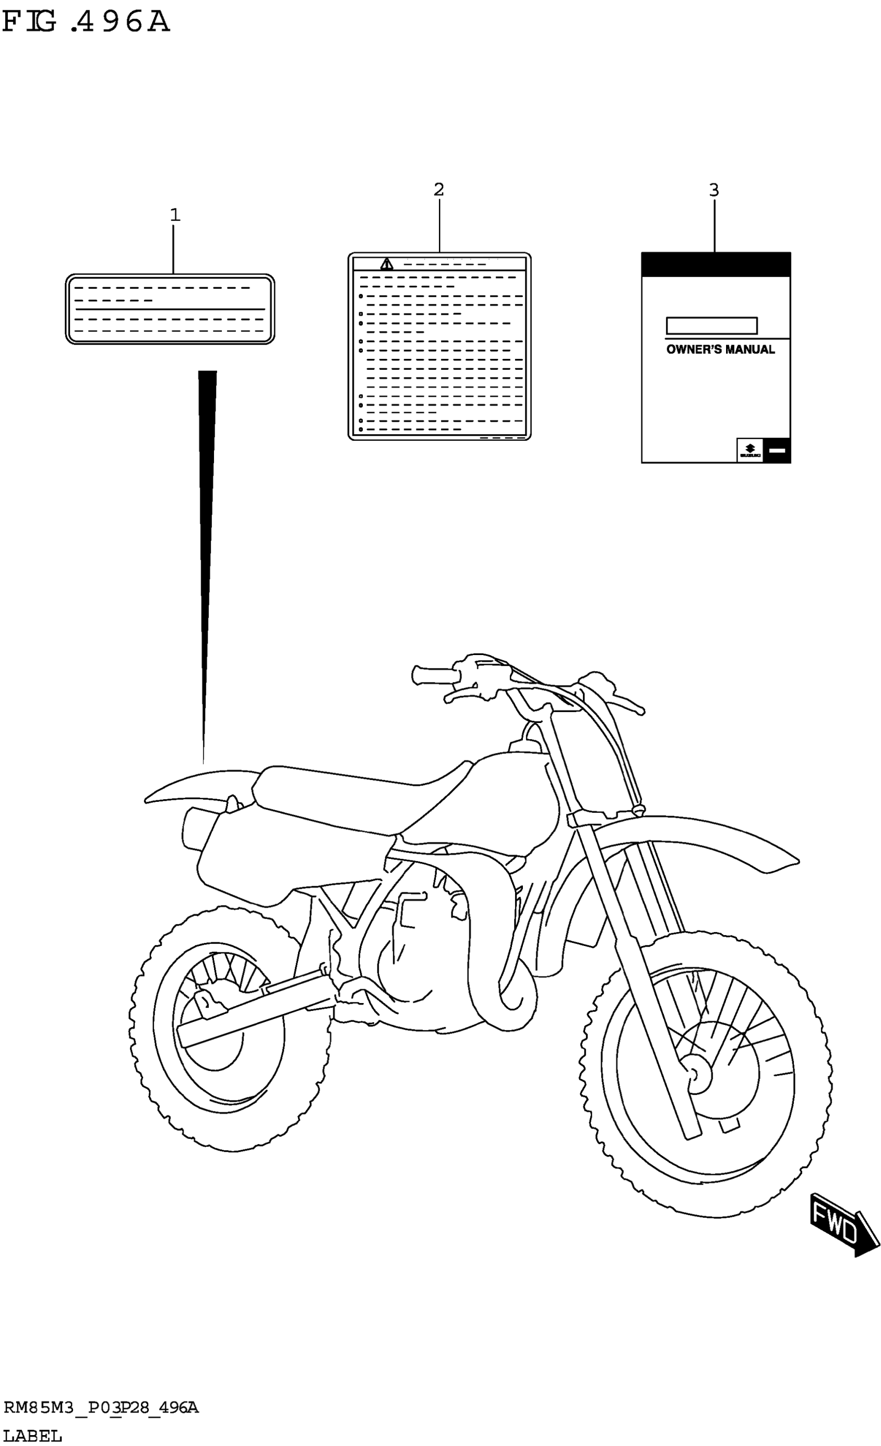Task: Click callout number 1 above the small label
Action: point(175,215)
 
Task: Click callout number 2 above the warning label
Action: point(439,189)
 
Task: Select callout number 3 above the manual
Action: point(713,190)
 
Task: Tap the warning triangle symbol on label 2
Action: point(387,264)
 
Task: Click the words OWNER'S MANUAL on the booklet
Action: point(720,350)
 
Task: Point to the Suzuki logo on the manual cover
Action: point(749,450)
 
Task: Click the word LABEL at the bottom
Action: point(32,1436)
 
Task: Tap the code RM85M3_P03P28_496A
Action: point(101,1407)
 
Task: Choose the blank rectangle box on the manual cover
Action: point(712,326)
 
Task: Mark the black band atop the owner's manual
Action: point(716,265)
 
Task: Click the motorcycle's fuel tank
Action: point(499,804)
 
